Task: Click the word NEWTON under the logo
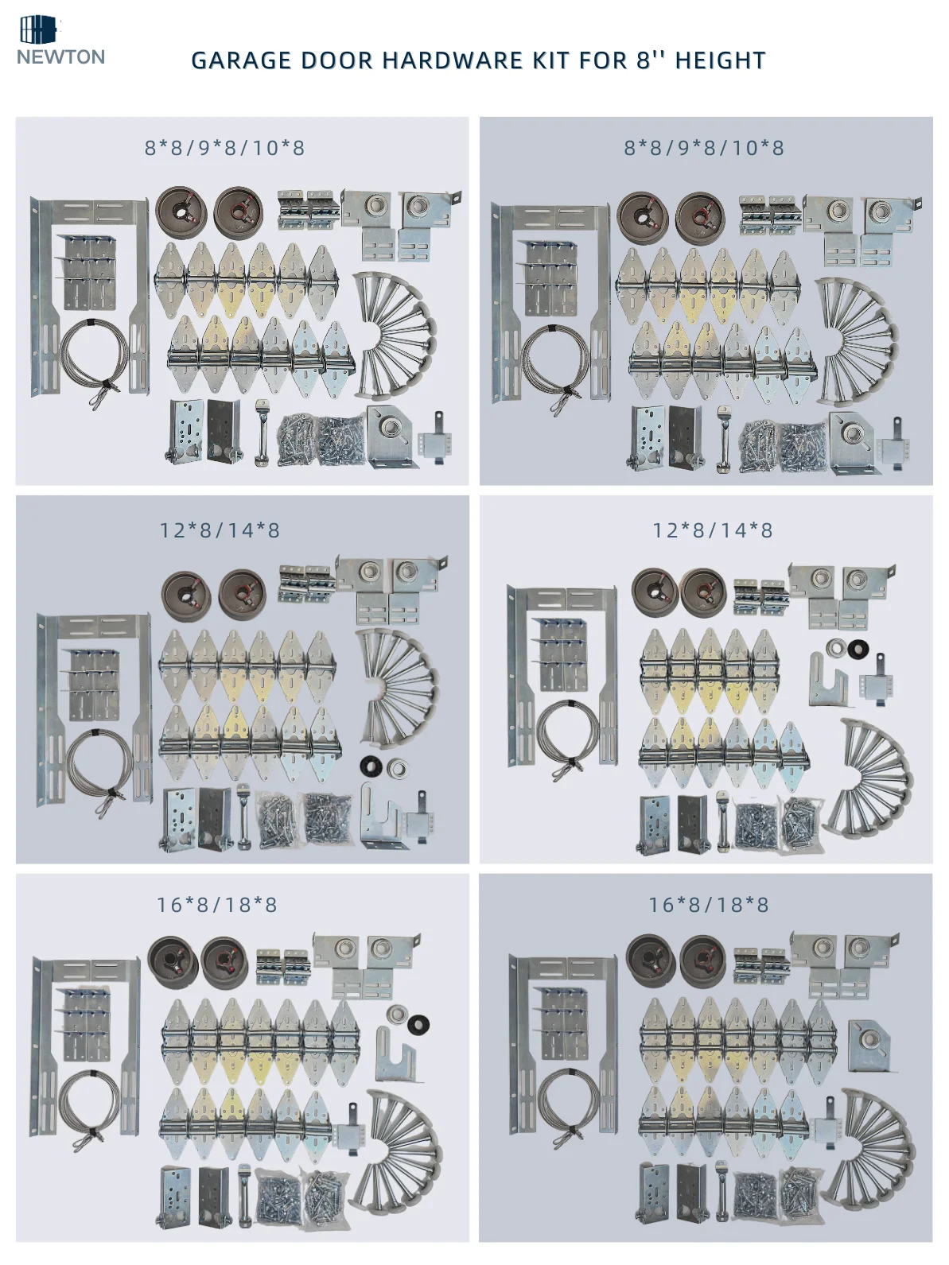[x=60, y=57]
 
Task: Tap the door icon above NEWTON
[x=39, y=29]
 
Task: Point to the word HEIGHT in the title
[x=720, y=60]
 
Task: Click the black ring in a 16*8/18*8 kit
[x=418, y=1025]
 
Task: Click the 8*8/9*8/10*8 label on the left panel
[x=224, y=148]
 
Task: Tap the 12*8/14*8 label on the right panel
[x=713, y=530]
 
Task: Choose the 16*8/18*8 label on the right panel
[x=709, y=905]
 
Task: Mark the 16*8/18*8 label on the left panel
[x=217, y=905]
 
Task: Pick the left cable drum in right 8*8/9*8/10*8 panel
[x=642, y=218]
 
